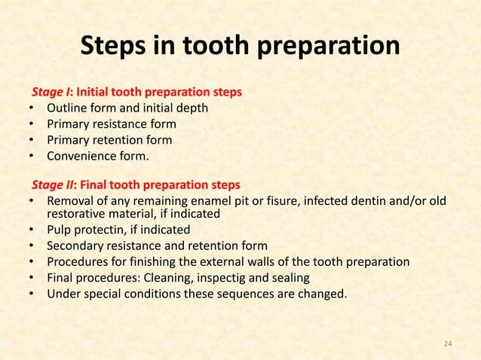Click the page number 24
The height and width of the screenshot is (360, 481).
click(x=448, y=343)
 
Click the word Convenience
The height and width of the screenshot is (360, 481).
click(x=83, y=157)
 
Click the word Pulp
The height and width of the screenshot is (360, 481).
click(x=60, y=230)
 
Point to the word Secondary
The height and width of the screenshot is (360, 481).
click(x=76, y=246)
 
